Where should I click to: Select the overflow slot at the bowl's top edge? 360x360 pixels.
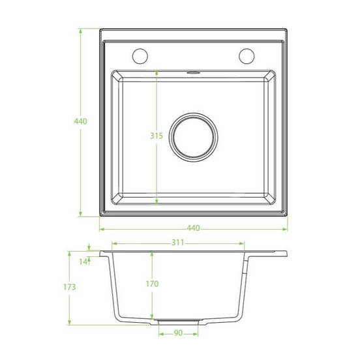pyautogui.click(x=193, y=73)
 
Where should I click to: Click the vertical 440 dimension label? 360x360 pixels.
pyautogui.click(x=81, y=121)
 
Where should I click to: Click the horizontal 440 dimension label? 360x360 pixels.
pyautogui.click(x=193, y=228)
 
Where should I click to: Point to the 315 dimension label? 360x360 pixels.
pyautogui.click(x=157, y=136)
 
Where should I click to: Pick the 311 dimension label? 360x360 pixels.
pyautogui.click(x=178, y=243)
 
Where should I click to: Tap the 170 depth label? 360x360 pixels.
pyautogui.click(x=152, y=284)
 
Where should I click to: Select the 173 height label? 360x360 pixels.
pyautogui.click(x=69, y=287)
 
